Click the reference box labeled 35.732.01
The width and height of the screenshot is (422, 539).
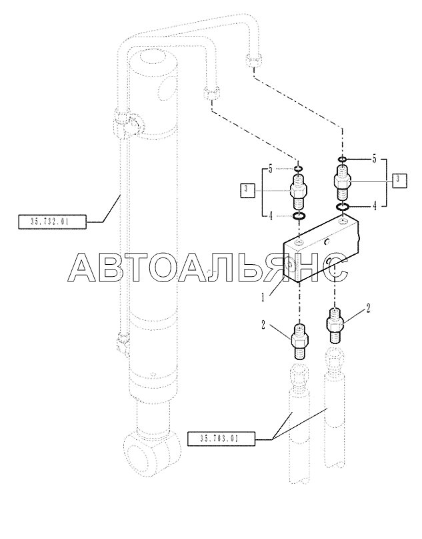[x=51, y=222]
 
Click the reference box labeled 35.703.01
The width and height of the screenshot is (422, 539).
[x=221, y=439]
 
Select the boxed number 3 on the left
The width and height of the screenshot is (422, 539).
[x=247, y=191]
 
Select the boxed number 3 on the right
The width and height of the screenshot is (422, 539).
[x=399, y=180]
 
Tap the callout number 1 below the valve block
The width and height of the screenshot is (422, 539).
[x=263, y=297]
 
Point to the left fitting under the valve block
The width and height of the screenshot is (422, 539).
[x=300, y=343]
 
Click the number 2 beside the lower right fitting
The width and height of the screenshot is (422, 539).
[x=367, y=308]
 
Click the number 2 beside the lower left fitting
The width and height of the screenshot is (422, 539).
[x=263, y=325]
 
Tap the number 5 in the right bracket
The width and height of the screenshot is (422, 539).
[x=374, y=160]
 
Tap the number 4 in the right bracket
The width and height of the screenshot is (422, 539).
[x=375, y=206]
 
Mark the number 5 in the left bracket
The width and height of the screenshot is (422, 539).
[x=271, y=169]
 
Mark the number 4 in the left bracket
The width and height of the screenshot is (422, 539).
[x=271, y=216]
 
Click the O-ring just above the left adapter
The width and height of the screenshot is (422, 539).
[x=298, y=169]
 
